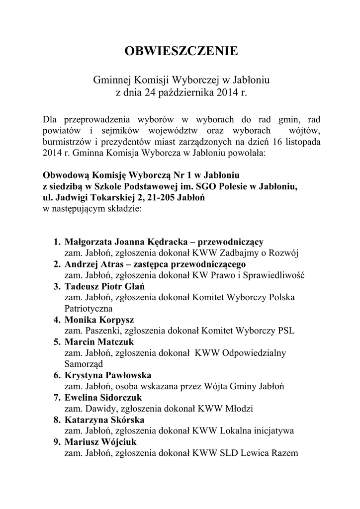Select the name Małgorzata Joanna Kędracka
[x=130, y=242]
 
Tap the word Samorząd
[x=83, y=364]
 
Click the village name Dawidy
[x=96, y=409]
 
